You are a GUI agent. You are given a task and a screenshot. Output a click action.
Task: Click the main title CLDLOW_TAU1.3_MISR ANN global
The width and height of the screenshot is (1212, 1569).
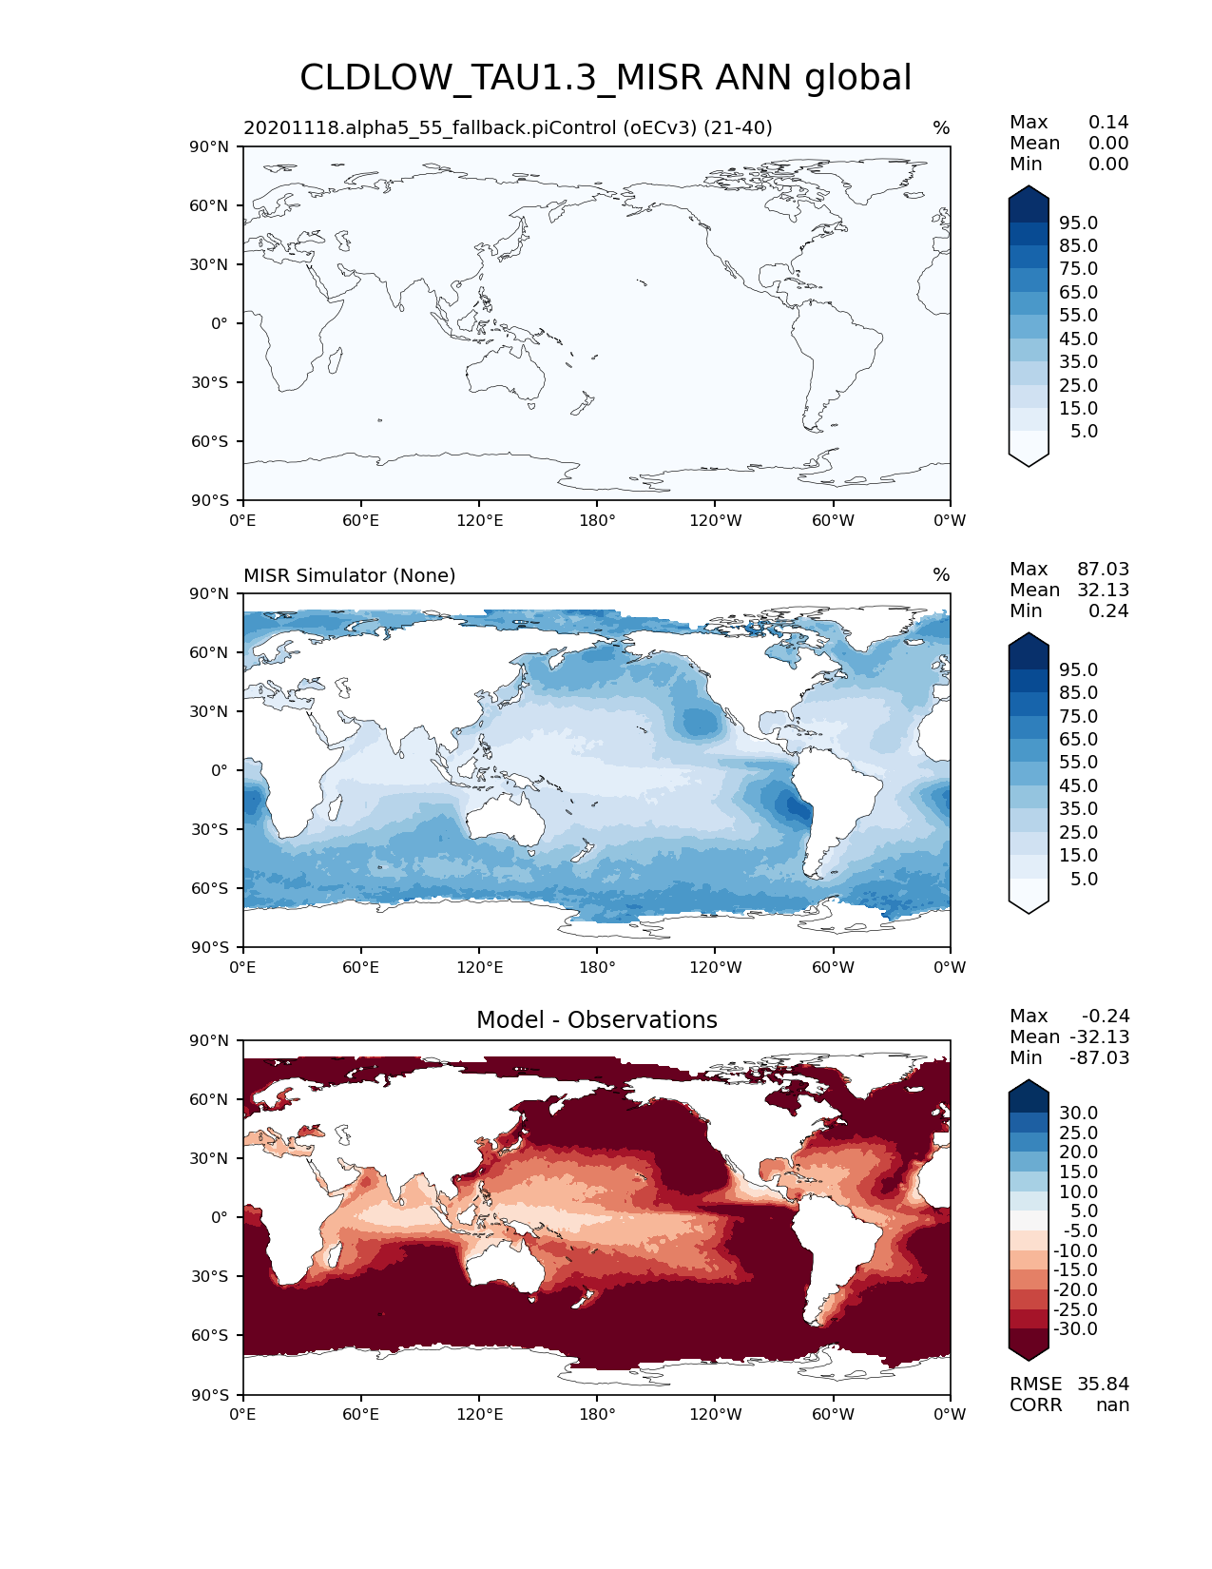pos(606,78)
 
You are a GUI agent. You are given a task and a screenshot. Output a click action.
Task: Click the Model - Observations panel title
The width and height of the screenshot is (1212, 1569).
pos(596,1020)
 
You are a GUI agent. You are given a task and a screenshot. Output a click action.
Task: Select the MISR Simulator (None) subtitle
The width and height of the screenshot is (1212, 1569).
pos(349,575)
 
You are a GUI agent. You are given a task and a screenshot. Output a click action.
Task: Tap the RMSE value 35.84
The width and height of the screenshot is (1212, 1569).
pos(1103,1384)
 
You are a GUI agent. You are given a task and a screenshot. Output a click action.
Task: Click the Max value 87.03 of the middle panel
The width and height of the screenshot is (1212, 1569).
pos(1103,569)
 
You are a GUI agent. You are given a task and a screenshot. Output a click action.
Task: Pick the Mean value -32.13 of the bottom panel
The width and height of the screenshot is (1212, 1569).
pos(1099,1036)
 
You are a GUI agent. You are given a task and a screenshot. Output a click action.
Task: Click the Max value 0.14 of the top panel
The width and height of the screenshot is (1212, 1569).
pos(1108,122)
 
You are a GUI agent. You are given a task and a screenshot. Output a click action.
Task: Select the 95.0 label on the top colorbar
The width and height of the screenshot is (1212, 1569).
pos(1078,223)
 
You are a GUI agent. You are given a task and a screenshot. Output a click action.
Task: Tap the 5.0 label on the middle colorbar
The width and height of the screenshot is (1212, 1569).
pos(1084,879)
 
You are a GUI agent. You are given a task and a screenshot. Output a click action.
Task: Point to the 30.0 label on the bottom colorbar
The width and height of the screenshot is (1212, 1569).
pos(1078,1113)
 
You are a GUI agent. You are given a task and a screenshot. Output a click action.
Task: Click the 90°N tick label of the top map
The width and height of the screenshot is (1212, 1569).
pos(209,146)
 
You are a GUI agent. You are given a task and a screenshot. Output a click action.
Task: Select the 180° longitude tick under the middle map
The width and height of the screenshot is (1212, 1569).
pos(597,967)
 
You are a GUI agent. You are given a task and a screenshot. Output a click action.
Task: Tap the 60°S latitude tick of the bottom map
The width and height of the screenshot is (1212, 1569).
pos(209,1335)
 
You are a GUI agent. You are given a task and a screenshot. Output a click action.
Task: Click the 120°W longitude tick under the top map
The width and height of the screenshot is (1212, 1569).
pos(715,520)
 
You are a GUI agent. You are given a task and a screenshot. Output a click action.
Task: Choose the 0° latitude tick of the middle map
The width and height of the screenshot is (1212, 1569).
pos(219,770)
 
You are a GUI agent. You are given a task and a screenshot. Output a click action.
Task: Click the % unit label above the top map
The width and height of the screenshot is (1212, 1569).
pos(941,128)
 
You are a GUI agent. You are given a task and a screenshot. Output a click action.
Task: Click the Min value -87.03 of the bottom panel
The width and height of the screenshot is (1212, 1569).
pos(1099,1057)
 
